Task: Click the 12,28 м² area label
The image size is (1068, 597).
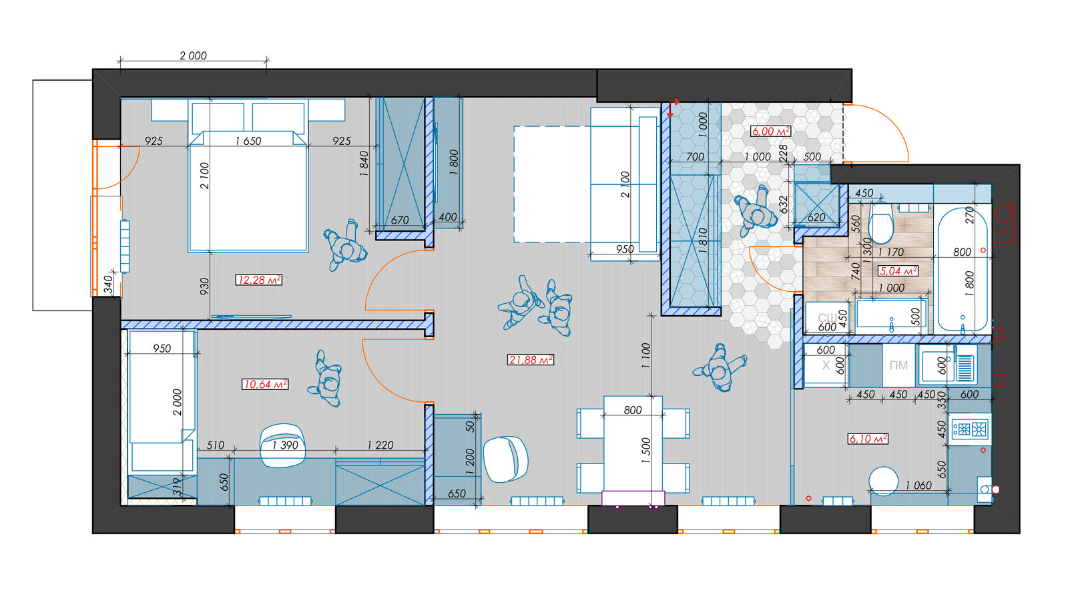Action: coord(258,280)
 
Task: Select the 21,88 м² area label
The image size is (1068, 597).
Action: coord(530,359)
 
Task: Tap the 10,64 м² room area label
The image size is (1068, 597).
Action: coord(265,384)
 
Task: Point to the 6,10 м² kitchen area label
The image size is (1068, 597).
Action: coord(868,439)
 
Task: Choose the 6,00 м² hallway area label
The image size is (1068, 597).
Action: coord(771,131)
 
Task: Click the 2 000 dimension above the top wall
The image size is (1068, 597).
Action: coord(193,56)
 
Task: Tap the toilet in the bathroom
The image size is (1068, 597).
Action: coord(880,223)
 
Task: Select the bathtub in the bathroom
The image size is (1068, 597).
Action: coord(963,269)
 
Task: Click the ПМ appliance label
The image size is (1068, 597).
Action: coord(898,366)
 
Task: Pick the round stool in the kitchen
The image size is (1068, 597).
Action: coord(884,481)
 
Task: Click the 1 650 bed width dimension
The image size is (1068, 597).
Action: coord(248,141)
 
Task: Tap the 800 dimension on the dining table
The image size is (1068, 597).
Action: coord(633,410)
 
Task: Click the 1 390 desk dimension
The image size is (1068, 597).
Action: coord(285,445)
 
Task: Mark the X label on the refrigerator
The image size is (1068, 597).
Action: coord(826,366)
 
